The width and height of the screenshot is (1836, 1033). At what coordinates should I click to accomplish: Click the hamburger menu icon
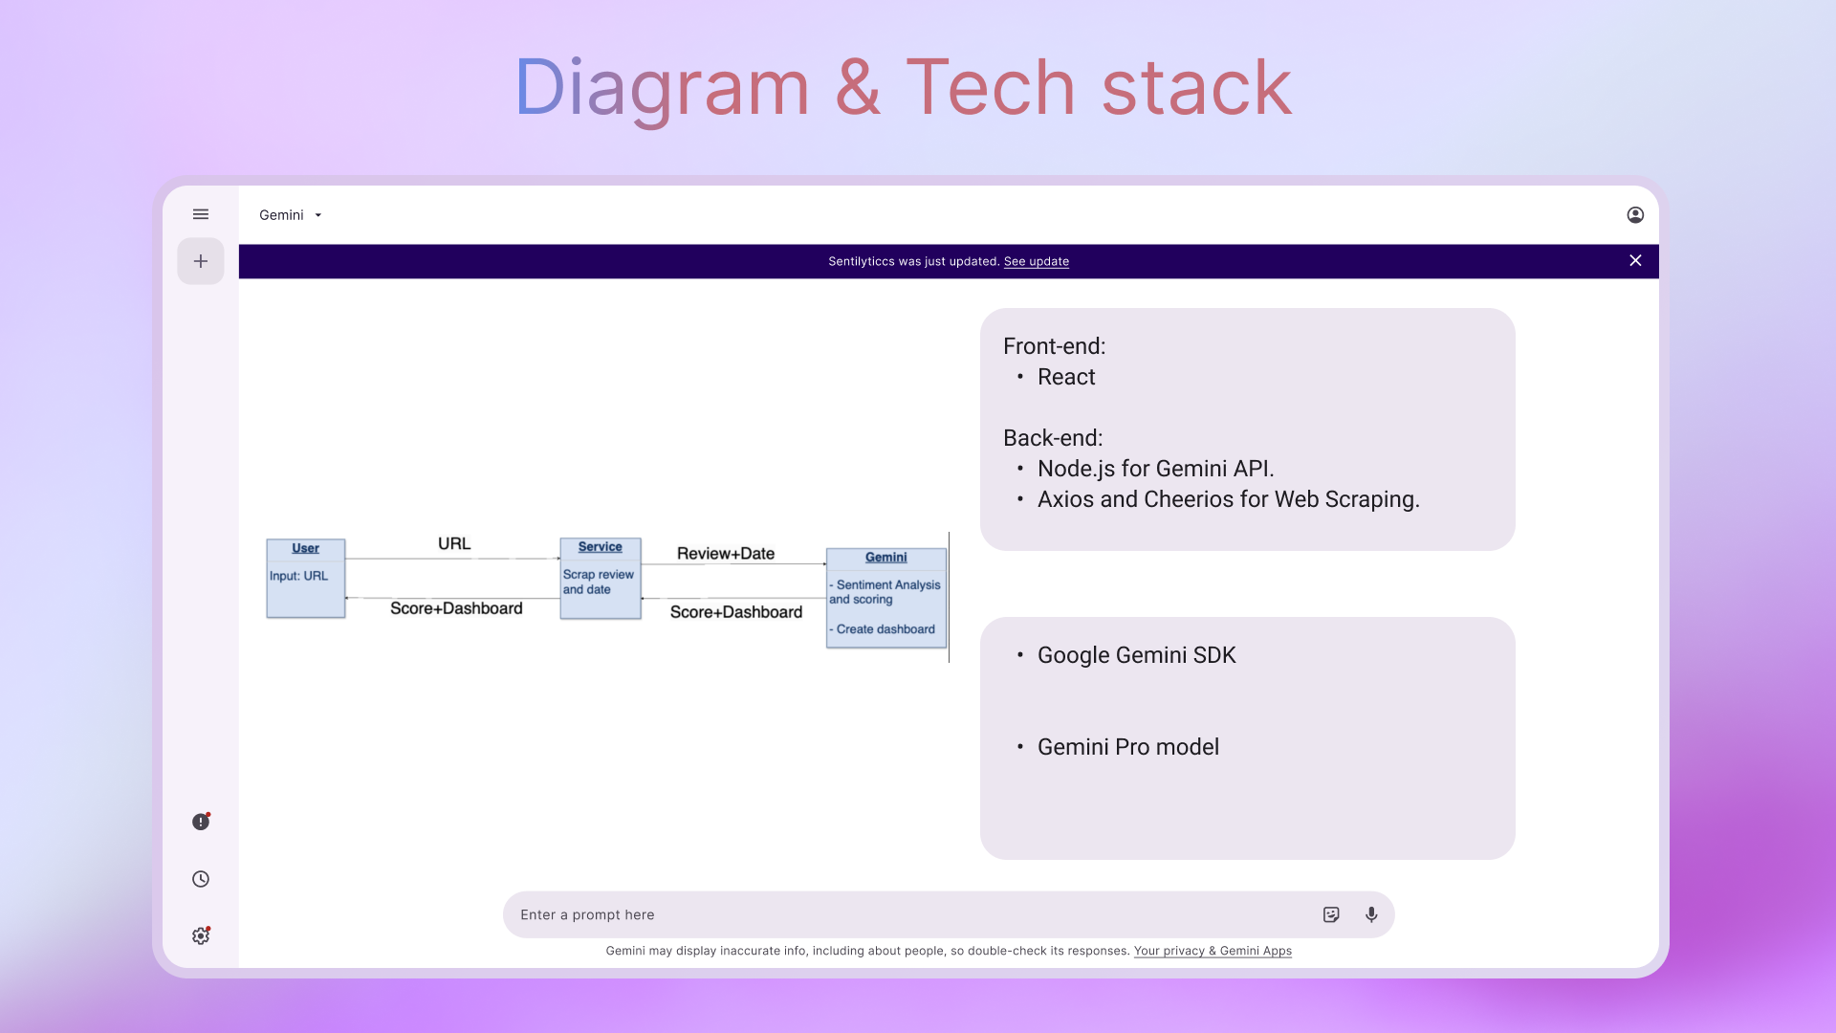click(201, 214)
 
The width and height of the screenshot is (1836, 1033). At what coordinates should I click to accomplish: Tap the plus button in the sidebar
click(201, 261)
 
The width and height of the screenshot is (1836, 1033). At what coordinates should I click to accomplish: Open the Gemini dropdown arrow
click(318, 215)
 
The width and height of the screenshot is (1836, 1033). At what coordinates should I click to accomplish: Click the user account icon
click(1635, 215)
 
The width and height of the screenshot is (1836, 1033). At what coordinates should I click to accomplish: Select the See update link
click(1037, 261)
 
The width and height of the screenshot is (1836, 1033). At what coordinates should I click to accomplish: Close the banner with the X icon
click(1635, 260)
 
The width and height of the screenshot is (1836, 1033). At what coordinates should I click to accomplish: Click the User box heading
click(306, 548)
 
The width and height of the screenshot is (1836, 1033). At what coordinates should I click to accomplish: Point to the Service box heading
click(601, 547)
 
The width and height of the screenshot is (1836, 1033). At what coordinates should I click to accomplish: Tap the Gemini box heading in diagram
click(886, 558)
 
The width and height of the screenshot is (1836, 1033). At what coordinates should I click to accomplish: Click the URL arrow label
click(454, 543)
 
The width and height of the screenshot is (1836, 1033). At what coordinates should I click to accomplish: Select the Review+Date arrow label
click(726, 554)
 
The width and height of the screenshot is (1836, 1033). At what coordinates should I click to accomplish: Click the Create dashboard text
click(885, 629)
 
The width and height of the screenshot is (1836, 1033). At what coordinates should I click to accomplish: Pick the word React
click(1066, 377)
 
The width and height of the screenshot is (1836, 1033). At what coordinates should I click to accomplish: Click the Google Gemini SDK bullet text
click(1136, 655)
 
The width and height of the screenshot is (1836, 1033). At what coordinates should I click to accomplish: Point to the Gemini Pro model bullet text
click(1128, 747)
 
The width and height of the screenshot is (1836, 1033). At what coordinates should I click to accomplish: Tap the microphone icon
click(1371, 914)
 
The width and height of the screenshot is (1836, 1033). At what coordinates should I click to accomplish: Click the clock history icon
click(201, 879)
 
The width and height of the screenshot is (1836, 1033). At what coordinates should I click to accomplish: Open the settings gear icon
click(201, 935)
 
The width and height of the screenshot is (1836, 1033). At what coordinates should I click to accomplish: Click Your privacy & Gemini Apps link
click(1213, 951)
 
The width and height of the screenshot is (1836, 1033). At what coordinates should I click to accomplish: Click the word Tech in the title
click(991, 88)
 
